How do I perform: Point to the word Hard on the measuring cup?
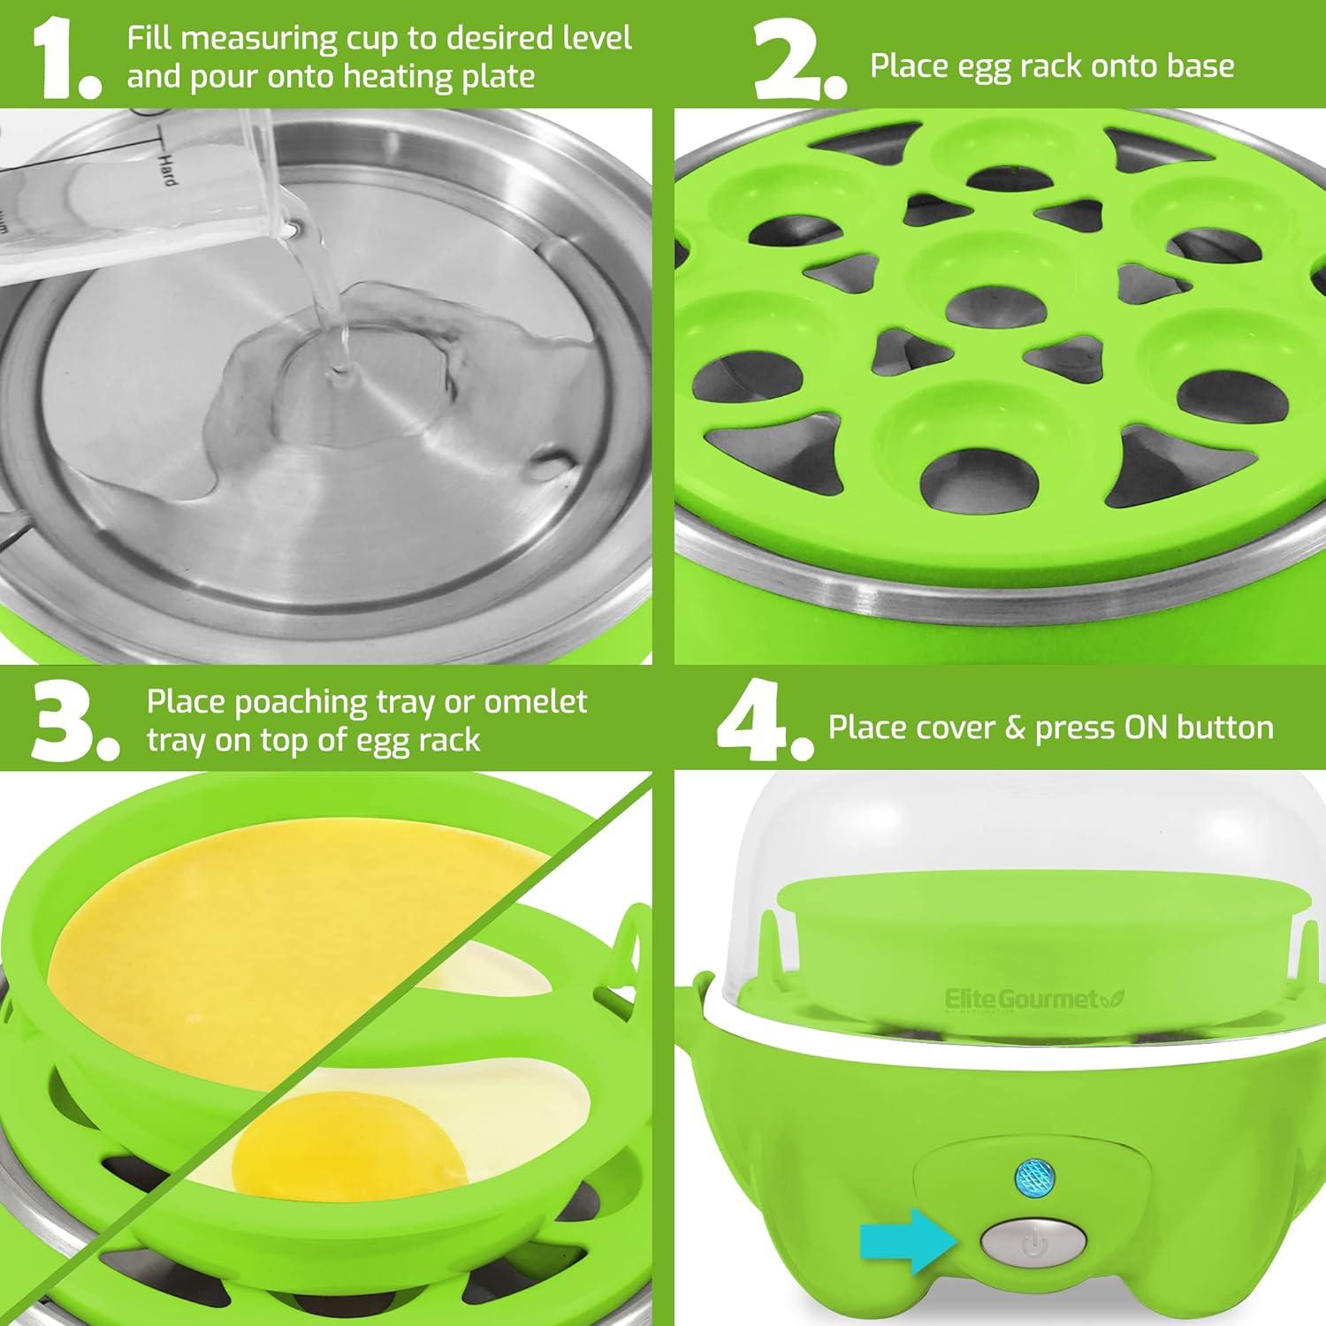[x=166, y=167]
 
